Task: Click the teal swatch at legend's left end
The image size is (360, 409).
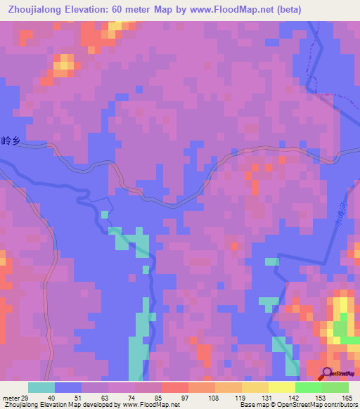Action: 41,387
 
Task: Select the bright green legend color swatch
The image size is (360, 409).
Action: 308,387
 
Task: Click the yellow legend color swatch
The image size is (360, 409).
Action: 281,387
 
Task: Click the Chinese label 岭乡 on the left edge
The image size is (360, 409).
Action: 8,141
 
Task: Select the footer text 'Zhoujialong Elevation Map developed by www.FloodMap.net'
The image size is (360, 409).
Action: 90,404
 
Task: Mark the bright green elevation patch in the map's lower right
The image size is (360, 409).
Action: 340,327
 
